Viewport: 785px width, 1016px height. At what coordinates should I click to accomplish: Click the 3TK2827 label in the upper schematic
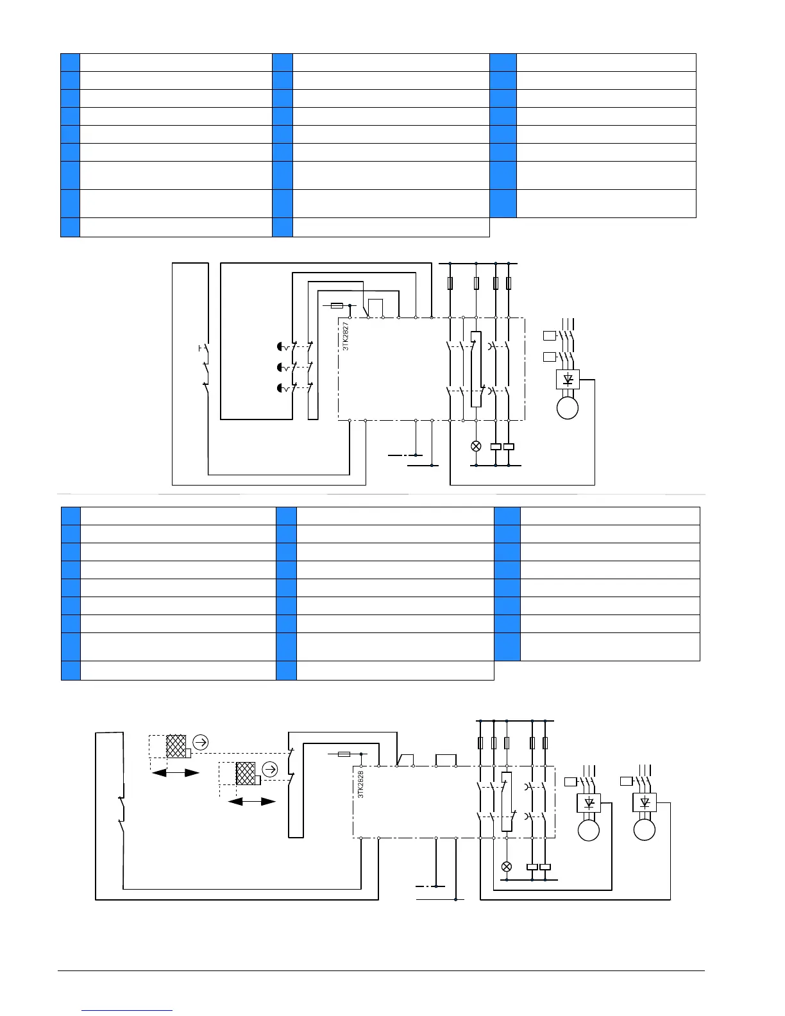345,337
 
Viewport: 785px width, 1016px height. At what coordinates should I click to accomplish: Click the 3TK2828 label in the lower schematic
360,784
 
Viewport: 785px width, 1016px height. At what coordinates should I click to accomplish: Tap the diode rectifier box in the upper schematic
568,379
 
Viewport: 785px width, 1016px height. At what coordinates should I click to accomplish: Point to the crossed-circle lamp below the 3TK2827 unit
476,446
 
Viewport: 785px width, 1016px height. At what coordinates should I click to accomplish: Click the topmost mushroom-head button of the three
281,347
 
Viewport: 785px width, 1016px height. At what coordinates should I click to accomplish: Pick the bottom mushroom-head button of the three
281,388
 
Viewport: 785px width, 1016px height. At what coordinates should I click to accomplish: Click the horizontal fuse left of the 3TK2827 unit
336,306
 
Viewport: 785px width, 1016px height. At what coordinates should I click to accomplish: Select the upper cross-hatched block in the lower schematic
176,746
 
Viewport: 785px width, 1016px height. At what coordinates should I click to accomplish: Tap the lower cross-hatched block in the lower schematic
246,773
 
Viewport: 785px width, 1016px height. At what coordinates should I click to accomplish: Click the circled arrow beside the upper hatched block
201,742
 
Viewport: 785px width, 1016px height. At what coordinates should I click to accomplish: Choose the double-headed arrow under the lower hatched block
252,801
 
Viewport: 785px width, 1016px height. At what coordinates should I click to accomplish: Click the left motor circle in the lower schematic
589,830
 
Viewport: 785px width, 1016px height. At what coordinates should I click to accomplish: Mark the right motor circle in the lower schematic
645,830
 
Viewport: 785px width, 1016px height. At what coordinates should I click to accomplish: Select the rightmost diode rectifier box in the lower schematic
645,802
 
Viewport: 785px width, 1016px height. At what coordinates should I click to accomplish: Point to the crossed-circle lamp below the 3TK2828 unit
507,867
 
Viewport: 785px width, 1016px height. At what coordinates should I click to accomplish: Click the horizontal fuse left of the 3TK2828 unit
344,754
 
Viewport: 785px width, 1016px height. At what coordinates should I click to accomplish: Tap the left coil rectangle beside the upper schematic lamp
495,446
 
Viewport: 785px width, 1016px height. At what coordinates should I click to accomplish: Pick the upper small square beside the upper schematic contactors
549,335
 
